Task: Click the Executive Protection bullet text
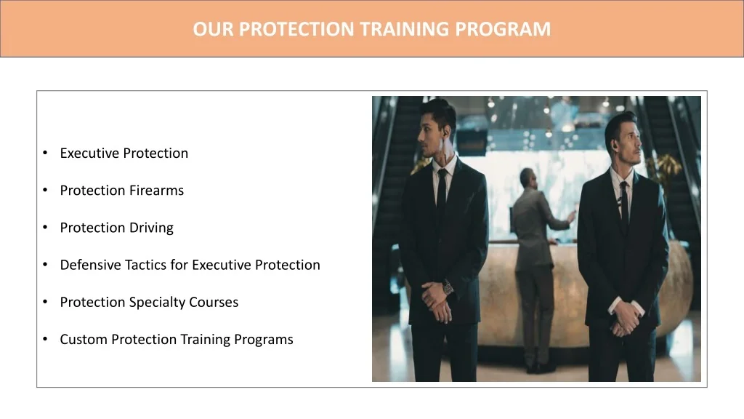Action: (x=124, y=153)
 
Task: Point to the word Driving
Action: (x=151, y=228)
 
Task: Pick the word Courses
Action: (x=217, y=302)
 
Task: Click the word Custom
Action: (x=84, y=339)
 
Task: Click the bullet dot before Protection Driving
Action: (x=45, y=228)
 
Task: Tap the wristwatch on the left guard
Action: (x=448, y=287)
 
